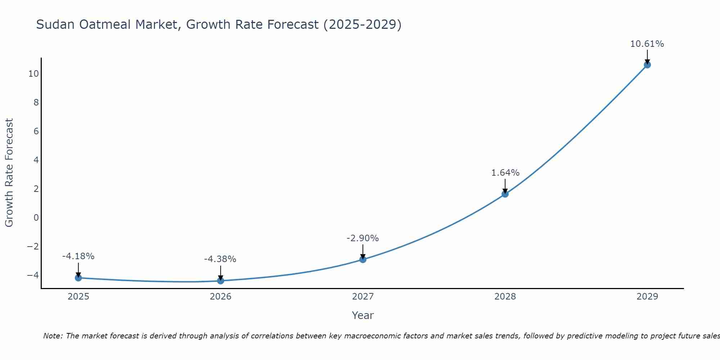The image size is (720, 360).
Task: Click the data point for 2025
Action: point(78,278)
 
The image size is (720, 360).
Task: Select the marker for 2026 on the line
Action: point(221,281)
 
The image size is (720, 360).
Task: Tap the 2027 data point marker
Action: point(363,260)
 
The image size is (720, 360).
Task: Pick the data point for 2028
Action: point(505,194)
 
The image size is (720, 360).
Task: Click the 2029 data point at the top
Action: point(647,65)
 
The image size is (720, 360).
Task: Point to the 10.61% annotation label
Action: point(647,44)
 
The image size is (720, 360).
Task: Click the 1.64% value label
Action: point(505,173)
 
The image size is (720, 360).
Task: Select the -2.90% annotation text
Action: point(363,238)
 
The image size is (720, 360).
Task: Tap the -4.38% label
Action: point(220,259)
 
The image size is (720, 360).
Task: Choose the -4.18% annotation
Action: point(78,256)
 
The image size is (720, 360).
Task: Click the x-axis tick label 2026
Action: point(221,297)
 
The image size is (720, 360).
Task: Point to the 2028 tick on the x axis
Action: point(505,297)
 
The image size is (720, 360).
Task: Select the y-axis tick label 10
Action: point(33,74)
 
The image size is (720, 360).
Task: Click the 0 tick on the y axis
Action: point(36,218)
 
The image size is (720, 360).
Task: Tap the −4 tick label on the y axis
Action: point(33,275)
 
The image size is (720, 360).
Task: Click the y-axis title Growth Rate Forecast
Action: point(9,173)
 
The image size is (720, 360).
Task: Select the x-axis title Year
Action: point(363,315)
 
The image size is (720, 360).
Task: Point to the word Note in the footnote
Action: point(53,336)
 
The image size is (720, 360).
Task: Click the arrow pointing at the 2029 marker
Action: point(647,57)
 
